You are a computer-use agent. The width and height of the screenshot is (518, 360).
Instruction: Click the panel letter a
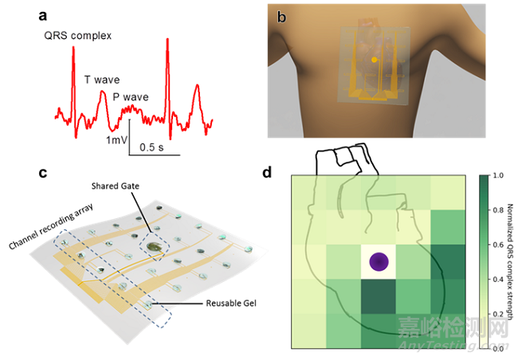(42, 16)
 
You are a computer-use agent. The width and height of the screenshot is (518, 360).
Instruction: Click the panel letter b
(281, 17)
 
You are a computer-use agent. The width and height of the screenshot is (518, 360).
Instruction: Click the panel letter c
(42, 173)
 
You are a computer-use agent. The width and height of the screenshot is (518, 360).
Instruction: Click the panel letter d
(267, 172)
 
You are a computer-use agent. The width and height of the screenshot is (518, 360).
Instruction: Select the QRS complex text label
(78, 36)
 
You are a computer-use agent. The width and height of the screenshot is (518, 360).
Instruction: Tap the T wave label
(102, 80)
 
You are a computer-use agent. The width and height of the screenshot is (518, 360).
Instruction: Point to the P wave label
(131, 97)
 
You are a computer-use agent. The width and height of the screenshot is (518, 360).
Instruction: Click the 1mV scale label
(117, 140)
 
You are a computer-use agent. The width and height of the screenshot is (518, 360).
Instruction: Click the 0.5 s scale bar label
(151, 147)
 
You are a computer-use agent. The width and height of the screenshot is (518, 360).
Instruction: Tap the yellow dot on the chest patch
(374, 60)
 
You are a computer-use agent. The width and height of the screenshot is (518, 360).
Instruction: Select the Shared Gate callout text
(116, 186)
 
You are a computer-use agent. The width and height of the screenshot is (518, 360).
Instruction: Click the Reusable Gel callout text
(231, 303)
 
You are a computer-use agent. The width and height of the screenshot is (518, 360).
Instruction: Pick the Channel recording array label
(51, 226)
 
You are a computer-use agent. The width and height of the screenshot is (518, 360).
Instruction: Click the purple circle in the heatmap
(379, 261)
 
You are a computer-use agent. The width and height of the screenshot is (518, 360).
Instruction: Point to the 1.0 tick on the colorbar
(498, 175)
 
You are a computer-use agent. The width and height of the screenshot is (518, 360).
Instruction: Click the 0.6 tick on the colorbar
(498, 245)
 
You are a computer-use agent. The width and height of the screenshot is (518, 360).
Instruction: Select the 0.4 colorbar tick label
(498, 280)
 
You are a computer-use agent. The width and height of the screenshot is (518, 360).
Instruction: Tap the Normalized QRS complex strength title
(510, 262)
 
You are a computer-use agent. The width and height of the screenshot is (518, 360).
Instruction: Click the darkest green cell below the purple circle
(379, 296)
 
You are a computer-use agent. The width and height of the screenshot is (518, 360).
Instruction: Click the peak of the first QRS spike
(73, 47)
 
